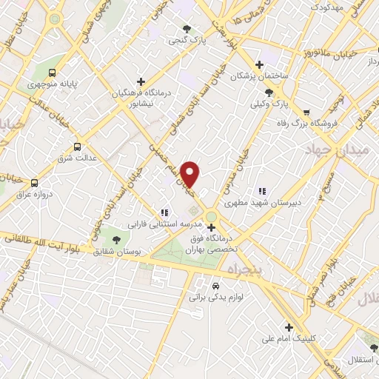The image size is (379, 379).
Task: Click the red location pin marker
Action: click(x=190, y=174)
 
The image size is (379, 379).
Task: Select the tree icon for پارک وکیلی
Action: click(x=268, y=93)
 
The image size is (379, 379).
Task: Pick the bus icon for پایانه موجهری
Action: click(x=53, y=73)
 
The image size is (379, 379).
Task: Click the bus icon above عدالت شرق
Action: click(x=76, y=147)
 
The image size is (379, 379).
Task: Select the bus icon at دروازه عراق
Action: click(x=34, y=182)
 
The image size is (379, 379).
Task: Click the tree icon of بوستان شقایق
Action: click(x=115, y=238)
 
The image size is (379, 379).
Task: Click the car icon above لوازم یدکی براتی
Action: click(x=214, y=284)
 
